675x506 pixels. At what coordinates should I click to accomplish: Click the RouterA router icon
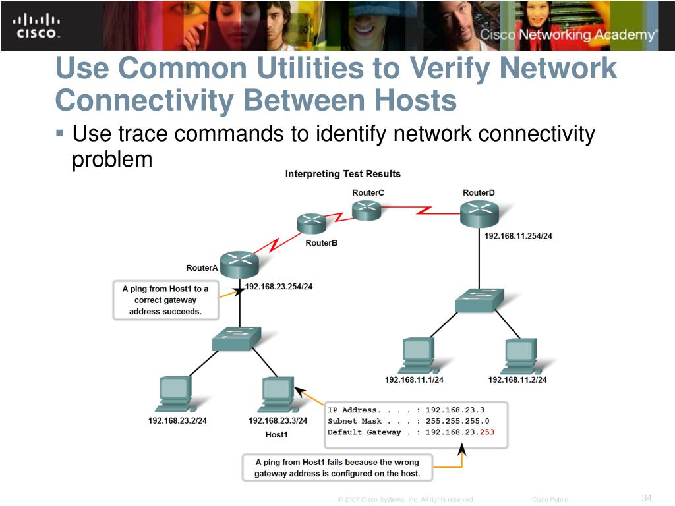239,265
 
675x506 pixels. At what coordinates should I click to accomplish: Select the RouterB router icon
312,223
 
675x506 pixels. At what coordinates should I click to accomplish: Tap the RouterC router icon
367,210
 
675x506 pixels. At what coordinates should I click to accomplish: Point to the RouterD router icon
479,213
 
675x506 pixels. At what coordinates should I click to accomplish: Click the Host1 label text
277,435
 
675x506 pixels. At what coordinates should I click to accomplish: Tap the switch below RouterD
479,300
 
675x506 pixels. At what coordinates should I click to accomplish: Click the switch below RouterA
237,339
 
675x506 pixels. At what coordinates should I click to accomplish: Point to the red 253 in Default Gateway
486,432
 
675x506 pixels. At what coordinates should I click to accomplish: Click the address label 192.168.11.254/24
518,236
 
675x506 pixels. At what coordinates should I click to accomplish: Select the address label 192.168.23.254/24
279,287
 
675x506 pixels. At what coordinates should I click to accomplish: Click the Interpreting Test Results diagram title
343,174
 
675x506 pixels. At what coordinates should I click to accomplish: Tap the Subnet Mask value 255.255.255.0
457,421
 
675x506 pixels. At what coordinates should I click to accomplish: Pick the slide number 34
646,497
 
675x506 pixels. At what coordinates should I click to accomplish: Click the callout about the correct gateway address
165,300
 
